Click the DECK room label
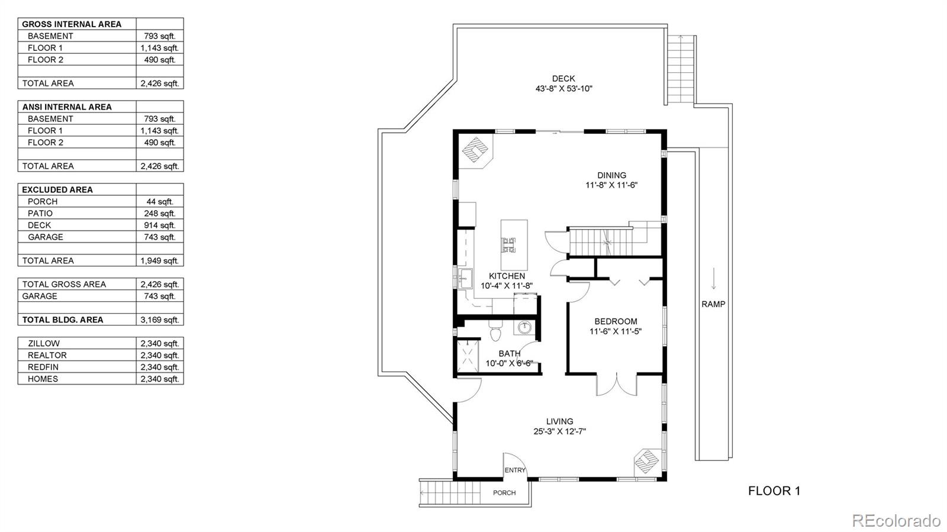coord(563,79)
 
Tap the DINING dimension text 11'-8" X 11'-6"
coord(611,185)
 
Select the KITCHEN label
coord(507,276)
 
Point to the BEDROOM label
coord(616,321)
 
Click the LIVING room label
coord(560,421)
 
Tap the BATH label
coord(510,353)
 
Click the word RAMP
coord(713,304)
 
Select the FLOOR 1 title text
coord(774,491)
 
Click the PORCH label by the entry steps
coord(504,493)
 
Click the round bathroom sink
coord(524,327)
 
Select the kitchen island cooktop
coord(508,245)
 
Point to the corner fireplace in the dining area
coord(475,151)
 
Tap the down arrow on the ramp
coord(714,279)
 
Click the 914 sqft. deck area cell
coord(160,225)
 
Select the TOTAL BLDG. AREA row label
coord(63,320)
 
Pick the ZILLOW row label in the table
coord(44,344)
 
